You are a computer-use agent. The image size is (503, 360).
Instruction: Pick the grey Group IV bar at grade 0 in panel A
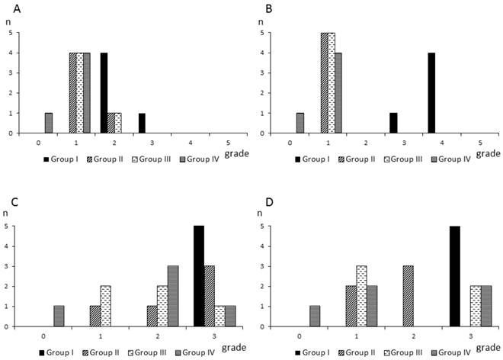click(x=49, y=124)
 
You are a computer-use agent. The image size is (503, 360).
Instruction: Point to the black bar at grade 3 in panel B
click(x=393, y=124)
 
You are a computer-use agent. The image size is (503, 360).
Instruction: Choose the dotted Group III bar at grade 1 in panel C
click(x=105, y=306)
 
